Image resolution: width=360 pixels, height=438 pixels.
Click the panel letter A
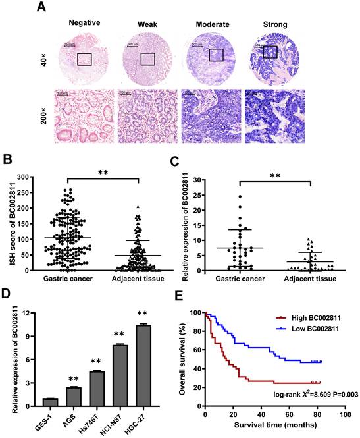tap(41, 7)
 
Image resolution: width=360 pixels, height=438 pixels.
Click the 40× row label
tap(41, 59)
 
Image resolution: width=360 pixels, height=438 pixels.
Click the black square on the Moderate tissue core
tap(216, 55)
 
